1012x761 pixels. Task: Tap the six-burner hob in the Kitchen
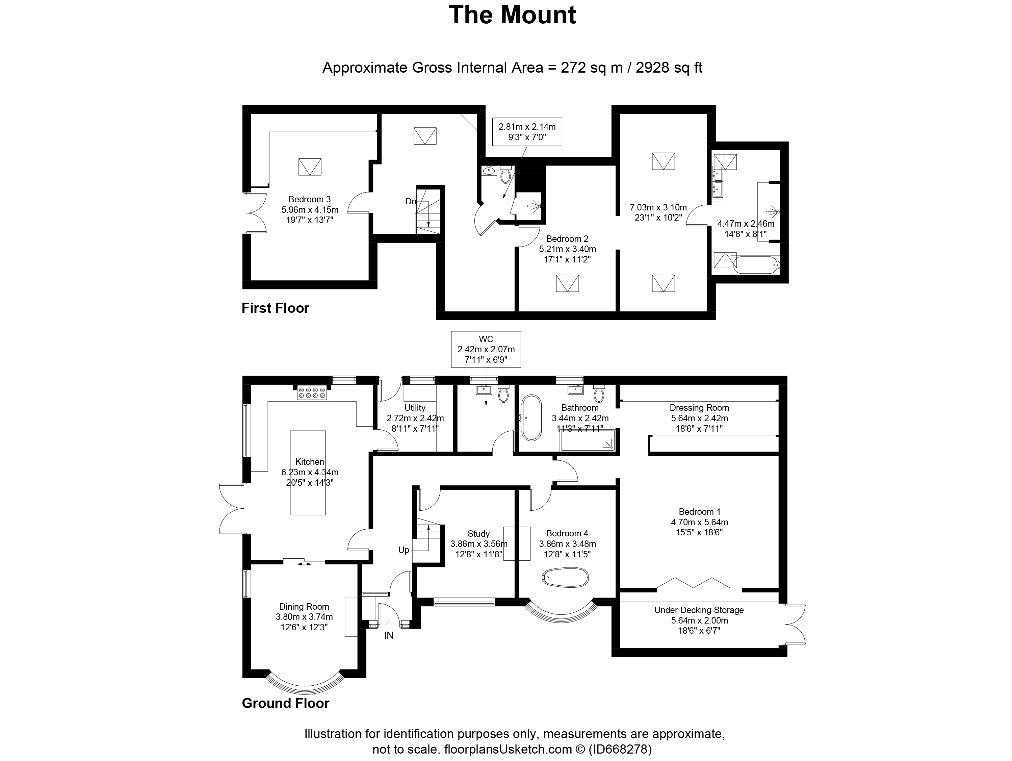click(312, 392)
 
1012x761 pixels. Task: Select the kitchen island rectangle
click(308, 473)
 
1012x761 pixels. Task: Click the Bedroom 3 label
click(309, 200)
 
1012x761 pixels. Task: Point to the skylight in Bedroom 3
click(310, 167)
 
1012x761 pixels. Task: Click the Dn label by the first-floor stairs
click(410, 201)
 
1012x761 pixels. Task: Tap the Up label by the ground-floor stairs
click(404, 550)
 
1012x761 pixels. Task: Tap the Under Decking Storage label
click(699, 610)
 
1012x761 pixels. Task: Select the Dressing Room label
click(699, 408)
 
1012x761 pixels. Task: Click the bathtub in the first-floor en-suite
click(755, 265)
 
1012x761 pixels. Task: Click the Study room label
click(478, 534)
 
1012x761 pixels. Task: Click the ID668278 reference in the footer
click(620, 750)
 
